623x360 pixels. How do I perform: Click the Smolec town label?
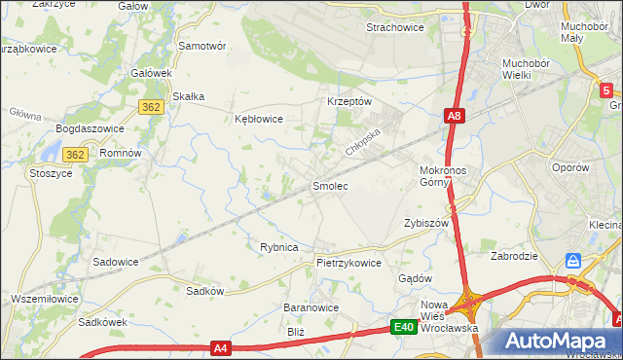click(x=329, y=184)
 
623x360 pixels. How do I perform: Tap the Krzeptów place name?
click(x=348, y=101)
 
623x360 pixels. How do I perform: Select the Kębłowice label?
click(x=259, y=119)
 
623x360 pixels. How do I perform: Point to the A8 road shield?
click(x=454, y=116)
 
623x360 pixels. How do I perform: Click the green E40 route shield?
click(x=405, y=328)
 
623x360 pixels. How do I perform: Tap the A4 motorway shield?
click(x=221, y=347)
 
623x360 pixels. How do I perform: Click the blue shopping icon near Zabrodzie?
click(x=573, y=262)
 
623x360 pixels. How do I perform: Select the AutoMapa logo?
click(x=557, y=342)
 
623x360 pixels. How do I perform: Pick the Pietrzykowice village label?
click(x=348, y=263)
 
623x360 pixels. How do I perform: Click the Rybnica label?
click(x=278, y=247)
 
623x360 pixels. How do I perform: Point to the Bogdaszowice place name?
click(x=87, y=128)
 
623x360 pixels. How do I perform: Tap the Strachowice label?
click(x=394, y=27)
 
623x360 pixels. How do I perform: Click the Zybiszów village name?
click(x=425, y=222)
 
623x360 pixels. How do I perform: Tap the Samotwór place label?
click(x=202, y=46)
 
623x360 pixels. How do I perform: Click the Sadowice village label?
click(x=115, y=262)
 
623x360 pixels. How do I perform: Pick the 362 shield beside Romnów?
click(x=76, y=155)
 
